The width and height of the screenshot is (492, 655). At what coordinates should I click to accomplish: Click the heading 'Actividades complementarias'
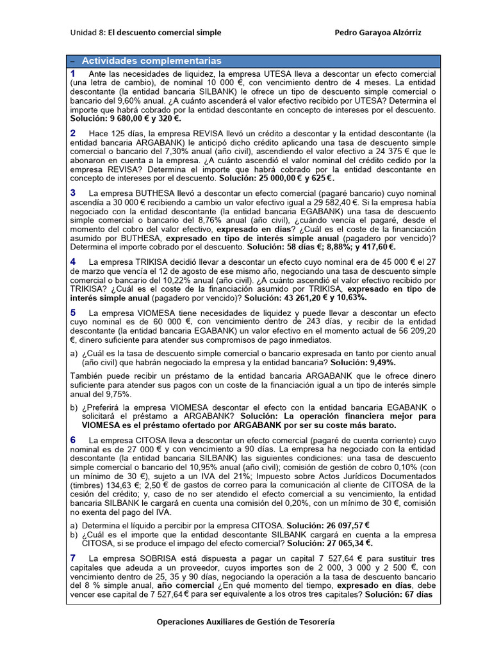(151, 61)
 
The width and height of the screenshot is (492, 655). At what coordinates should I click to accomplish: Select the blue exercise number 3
(73, 193)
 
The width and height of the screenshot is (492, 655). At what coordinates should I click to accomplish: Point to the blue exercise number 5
(73, 313)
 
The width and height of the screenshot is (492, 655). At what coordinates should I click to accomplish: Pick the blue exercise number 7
(73, 558)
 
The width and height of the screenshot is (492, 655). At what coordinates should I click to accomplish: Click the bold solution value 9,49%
(378, 361)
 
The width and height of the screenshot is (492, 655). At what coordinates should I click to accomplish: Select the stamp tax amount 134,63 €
(111, 485)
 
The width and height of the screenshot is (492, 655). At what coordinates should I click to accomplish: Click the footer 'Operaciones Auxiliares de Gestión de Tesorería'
(245, 621)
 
